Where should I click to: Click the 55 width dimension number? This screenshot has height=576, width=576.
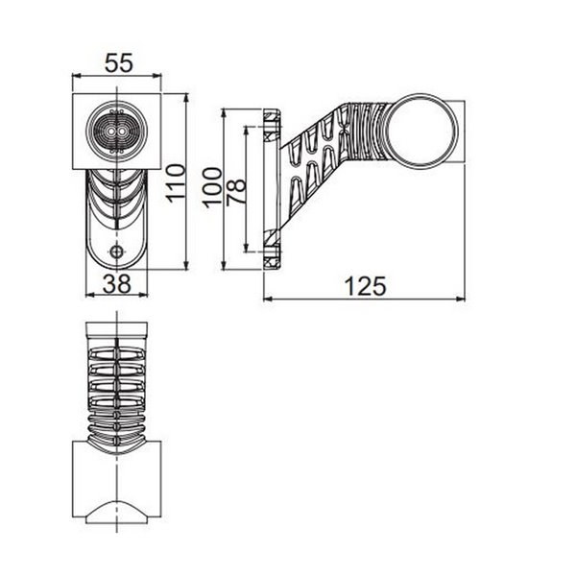coord(117,63)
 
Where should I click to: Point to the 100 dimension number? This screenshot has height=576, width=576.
coord(213,182)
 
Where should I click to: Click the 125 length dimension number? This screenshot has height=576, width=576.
coord(366,285)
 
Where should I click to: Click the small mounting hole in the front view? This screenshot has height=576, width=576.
coord(117,252)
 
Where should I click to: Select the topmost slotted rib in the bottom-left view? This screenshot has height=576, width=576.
coord(117,353)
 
